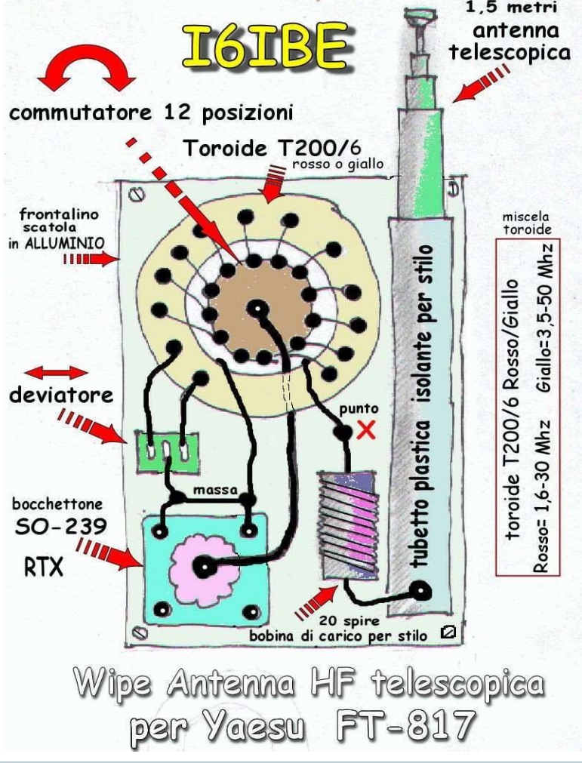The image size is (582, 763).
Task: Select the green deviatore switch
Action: [160, 451]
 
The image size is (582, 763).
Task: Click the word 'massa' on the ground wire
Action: [214, 491]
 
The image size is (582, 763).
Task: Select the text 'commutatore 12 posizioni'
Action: [150, 114]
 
